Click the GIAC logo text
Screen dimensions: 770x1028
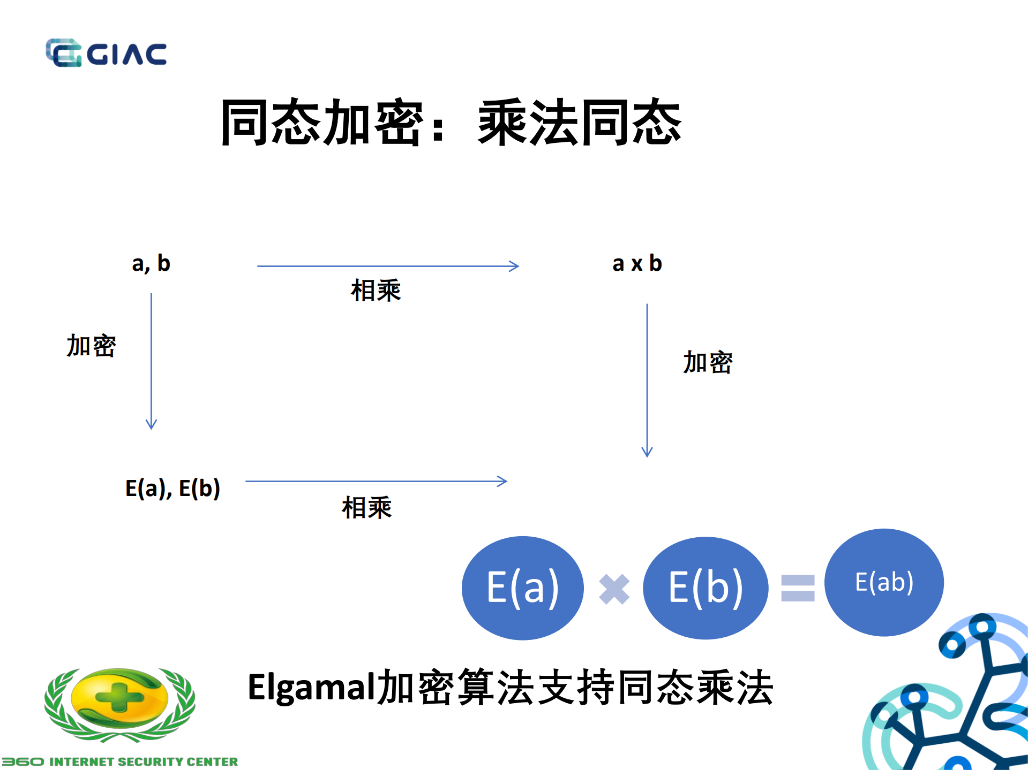[x=126, y=54]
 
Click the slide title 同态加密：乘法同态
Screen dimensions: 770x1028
[x=451, y=123]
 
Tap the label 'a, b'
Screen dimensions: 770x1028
[x=151, y=263]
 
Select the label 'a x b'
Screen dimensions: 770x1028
[x=637, y=263]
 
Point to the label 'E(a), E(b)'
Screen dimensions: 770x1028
[x=172, y=488]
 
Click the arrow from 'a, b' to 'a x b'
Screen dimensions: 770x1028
[x=387, y=266]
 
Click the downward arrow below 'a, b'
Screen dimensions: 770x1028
[x=151, y=361]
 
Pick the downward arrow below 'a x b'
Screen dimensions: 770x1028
[x=647, y=380]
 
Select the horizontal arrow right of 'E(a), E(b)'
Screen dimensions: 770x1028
[x=376, y=481]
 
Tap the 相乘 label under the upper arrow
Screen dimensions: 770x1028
[x=376, y=291]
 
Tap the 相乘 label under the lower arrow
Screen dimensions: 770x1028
[x=367, y=507]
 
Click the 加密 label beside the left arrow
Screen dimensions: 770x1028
[x=91, y=346]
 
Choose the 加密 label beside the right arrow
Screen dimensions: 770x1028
[x=707, y=362]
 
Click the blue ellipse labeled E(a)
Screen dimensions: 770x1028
[x=522, y=588]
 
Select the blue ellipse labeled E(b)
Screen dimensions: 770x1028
[x=705, y=588]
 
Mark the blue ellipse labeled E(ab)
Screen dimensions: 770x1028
[x=884, y=582]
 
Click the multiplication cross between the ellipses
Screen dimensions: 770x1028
[x=614, y=589]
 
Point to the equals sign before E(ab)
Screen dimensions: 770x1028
[x=798, y=588]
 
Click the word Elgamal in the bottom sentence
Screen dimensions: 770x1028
[x=311, y=687]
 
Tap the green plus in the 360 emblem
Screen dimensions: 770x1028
[x=119, y=697]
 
